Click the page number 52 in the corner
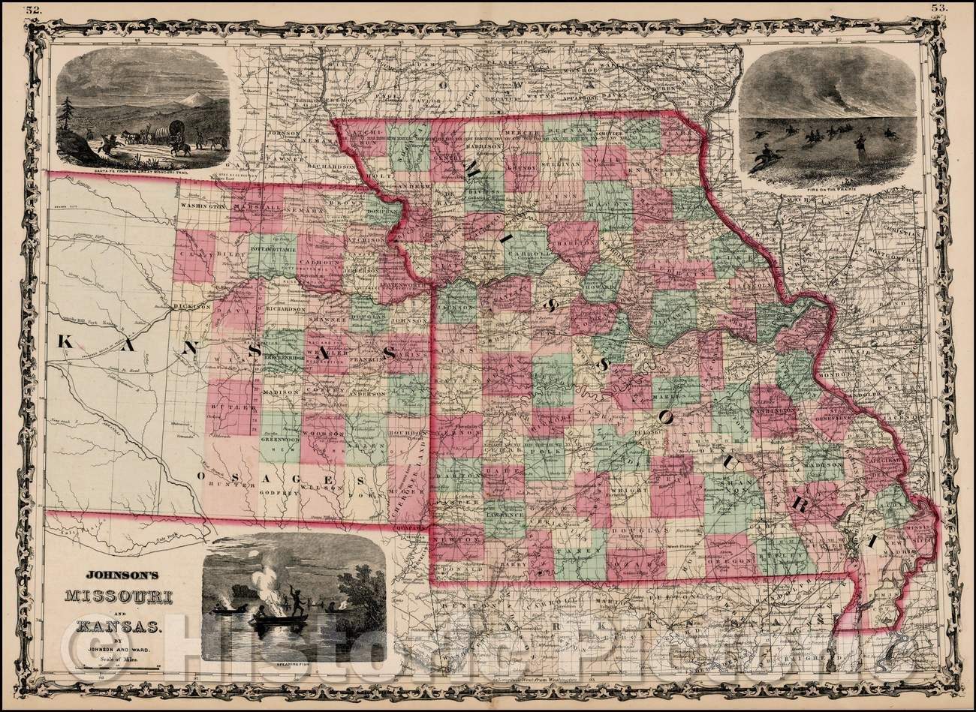coord(32,9)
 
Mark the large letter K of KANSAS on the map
coord(66,342)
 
